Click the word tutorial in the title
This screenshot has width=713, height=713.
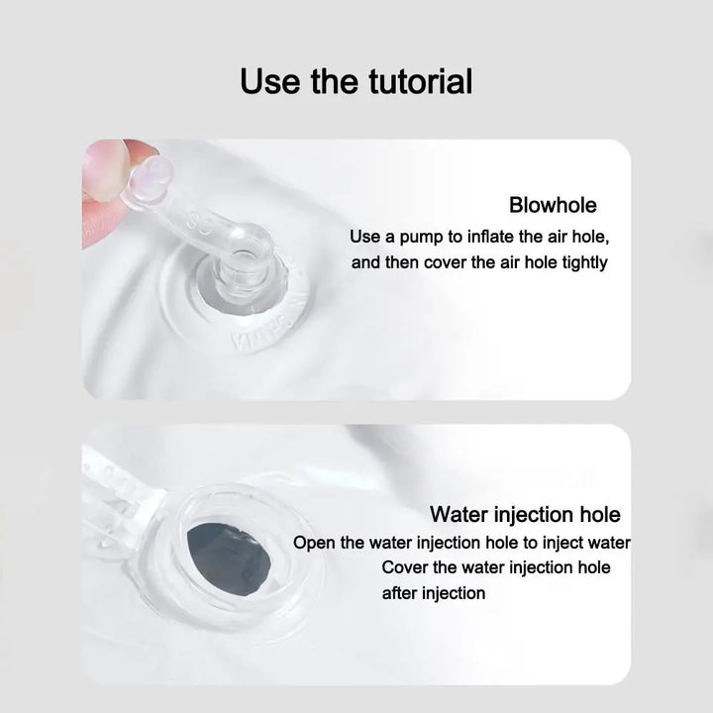420,81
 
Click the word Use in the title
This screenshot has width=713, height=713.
270,81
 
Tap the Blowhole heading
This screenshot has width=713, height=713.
553,205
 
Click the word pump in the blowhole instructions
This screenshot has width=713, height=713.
421,238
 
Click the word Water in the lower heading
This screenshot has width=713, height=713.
459,515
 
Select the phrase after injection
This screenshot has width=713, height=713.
434,593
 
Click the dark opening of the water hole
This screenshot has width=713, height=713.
230,560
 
